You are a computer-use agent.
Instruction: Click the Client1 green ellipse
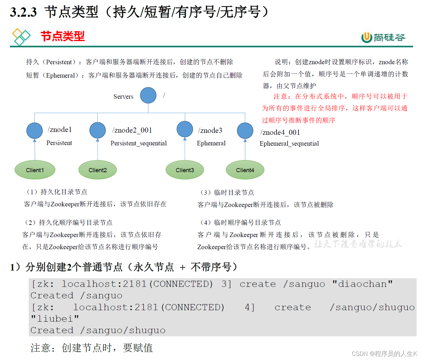point(35,170)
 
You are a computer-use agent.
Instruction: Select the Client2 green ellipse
point(98,170)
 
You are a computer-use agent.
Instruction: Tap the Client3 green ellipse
point(185,170)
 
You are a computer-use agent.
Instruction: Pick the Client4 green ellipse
point(245,170)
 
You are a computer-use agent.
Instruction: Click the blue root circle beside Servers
point(148,95)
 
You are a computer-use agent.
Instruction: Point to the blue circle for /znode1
point(34,131)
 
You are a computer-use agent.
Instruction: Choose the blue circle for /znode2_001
point(98,130)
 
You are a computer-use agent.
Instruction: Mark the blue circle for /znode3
point(185,129)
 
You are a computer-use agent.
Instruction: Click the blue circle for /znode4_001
point(245,131)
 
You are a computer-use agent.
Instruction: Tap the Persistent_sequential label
point(139,143)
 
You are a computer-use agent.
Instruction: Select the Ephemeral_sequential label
point(289,144)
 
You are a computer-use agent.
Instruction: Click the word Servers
point(123,96)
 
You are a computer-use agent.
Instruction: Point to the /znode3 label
point(210,130)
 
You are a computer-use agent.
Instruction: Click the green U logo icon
point(367,37)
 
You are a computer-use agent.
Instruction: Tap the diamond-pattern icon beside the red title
point(21,37)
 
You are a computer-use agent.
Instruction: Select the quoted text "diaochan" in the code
point(362,284)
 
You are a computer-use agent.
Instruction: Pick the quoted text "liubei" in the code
point(55,319)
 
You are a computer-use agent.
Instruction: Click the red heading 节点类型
point(63,36)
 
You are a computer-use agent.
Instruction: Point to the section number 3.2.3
point(23,12)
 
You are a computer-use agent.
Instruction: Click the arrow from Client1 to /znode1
point(35,149)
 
